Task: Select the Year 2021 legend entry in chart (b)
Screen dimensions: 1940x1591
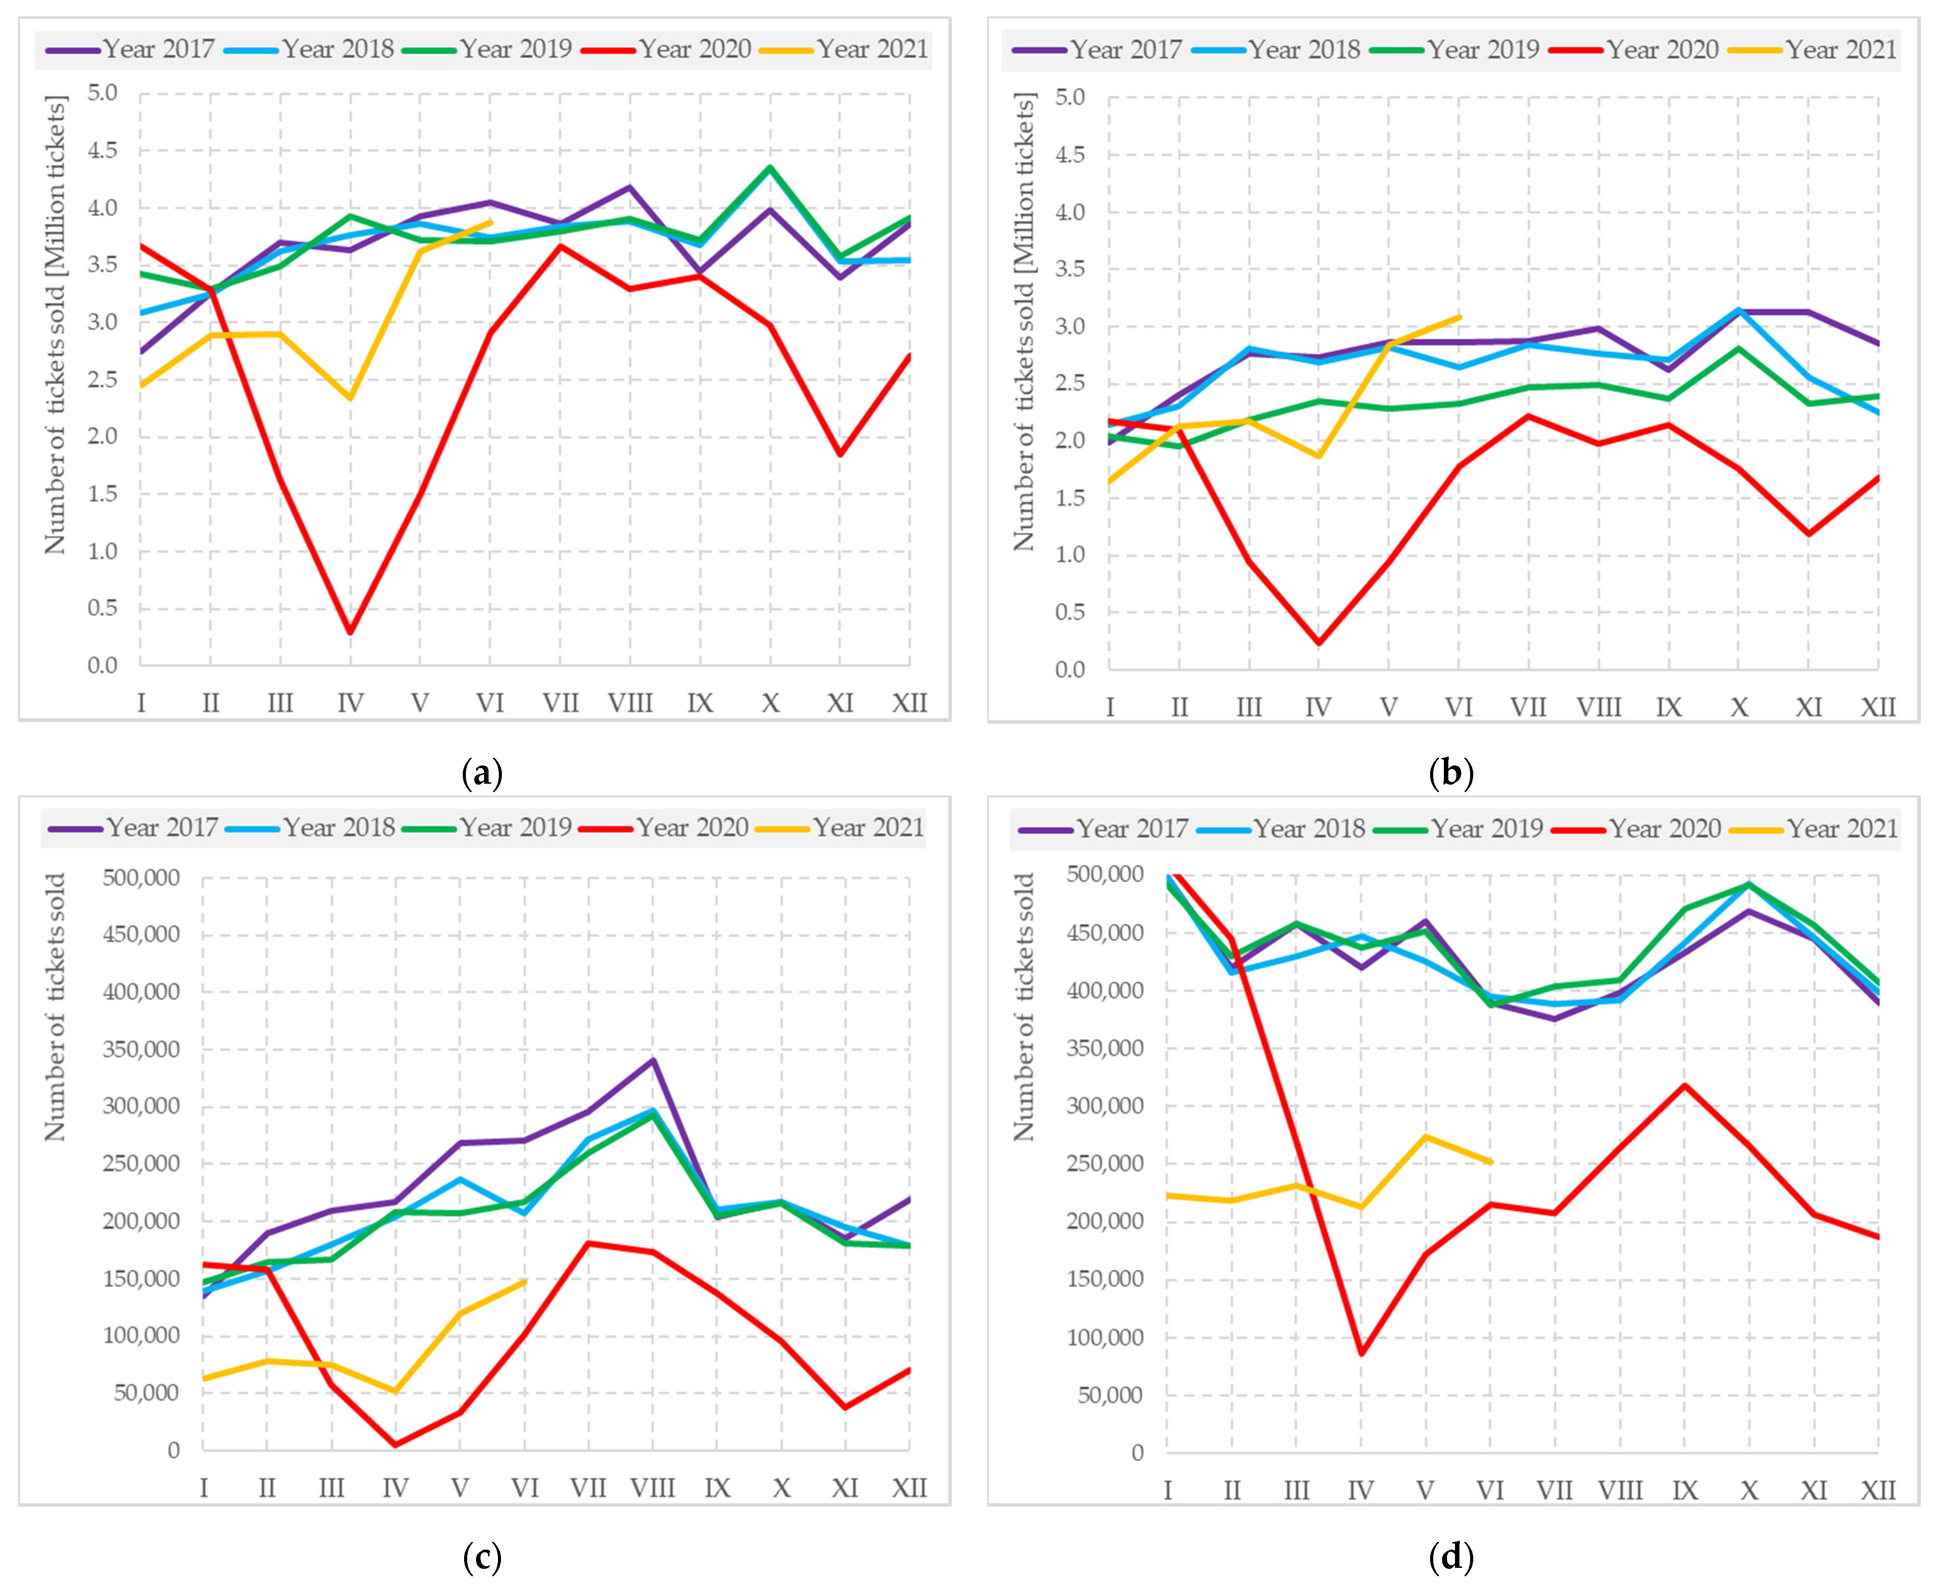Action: (x=1812, y=49)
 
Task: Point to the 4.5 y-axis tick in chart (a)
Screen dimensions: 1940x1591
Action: (x=103, y=150)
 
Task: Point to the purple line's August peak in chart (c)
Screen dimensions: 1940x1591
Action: (x=653, y=1060)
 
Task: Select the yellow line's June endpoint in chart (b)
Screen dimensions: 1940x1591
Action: (x=1459, y=317)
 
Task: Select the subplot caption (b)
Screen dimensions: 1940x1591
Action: (x=1451, y=773)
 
